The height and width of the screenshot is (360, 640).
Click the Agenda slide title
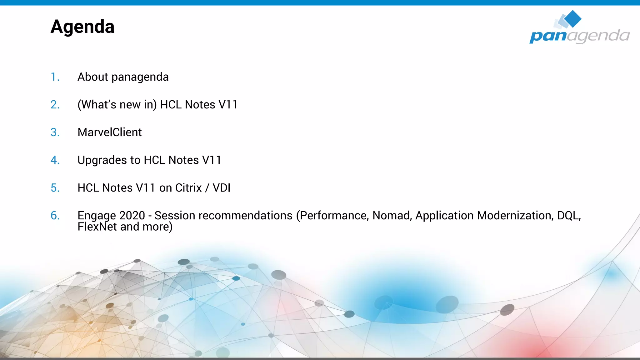[82, 27]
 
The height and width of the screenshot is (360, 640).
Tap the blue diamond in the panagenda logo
[572, 18]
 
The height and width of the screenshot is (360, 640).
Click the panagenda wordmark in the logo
[579, 36]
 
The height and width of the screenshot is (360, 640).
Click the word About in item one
[93, 77]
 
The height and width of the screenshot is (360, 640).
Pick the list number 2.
[55, 105]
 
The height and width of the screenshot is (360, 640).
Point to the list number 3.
[55, 132]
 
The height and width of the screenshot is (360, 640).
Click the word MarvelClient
[109, 132]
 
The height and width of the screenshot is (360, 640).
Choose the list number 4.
[55, 160]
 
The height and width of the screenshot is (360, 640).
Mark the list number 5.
[55, 188]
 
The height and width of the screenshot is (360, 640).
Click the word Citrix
[188, 188]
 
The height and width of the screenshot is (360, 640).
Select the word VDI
[222, 188]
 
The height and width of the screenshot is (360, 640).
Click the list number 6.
[55, 216]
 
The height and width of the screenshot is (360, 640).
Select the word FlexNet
[97, 227]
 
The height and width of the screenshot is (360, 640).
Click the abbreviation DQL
[568, 216]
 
